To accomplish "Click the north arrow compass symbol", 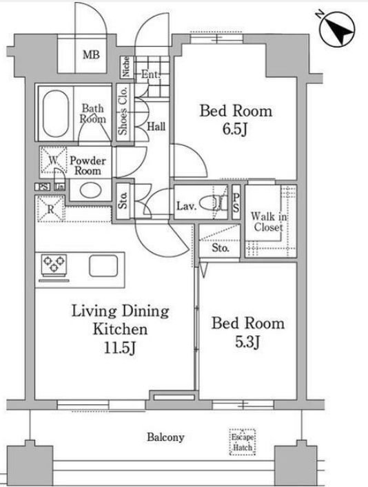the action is pyautogui.click(x=336, y=30).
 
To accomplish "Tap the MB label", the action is pyautogui.click(x=91, y=55).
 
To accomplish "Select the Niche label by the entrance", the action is pyautogui.click(x=126, y=67).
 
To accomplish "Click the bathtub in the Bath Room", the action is pyautogui.click(x=56, y=114).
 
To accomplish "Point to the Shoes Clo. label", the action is pyautogui.click(x=123, y=111).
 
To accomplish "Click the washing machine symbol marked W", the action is pyautogui.click(x=54, y=160).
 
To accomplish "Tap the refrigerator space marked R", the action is pyautogui.click(x=51, y=209).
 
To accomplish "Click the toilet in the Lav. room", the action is pyautogui.click(x=212, y=204).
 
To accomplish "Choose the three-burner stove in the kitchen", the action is pyautogui.click(x=54, y=265).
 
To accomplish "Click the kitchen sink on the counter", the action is pyautogui.click(x=103, y=266).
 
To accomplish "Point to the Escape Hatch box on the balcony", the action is pyautogui.click(x=243, y=442).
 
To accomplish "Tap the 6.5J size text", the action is pyautogui.click(x=235, y=129).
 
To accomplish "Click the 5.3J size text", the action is pyautogui.click(x=247, y=342).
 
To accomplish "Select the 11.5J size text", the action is pyautogui.click(x=120, y=348).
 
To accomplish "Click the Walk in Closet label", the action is pyautogui.click(x=269, y=221).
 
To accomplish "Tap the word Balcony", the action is pyautogui.click(x=165, y=437).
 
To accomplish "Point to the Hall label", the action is pyautogui.click(x=156, y=127).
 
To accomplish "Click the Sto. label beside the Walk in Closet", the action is pyautogui.click(x=221, y=248).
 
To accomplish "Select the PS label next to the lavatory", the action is pyautogui.click(x=236, y=203).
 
